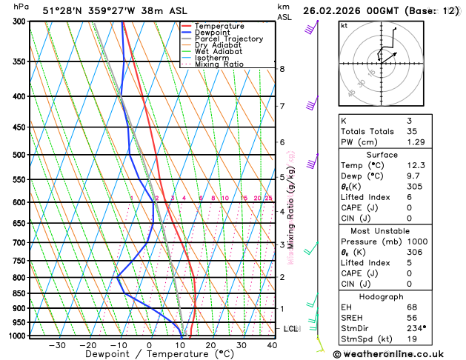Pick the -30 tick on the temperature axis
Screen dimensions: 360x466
point(56,344)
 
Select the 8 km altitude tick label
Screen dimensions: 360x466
point(282,69)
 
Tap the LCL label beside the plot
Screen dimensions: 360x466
point(291,328)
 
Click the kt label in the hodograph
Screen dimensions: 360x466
point(344,26)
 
